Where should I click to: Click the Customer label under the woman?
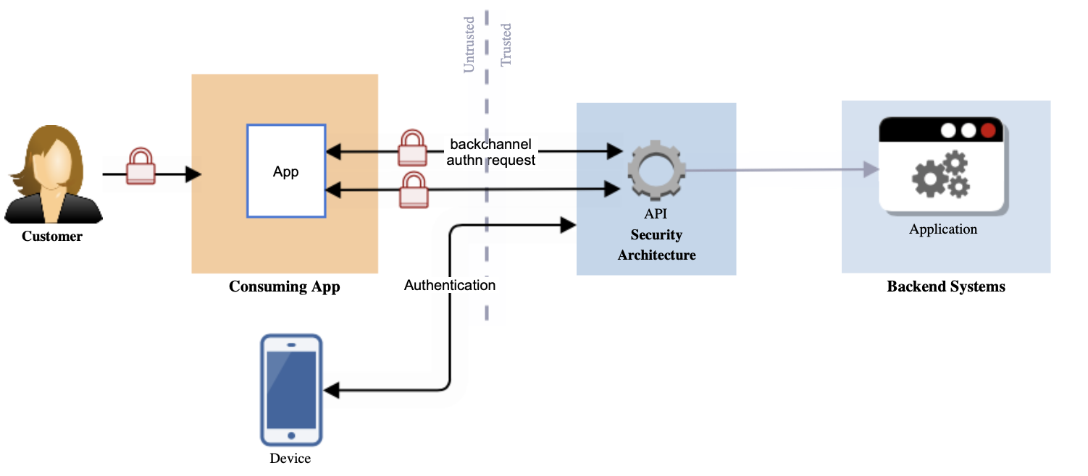click(52, 237)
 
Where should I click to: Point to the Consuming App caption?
click(284, 286)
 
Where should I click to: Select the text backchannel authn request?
click(491, 152)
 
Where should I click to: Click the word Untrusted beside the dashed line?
click(469, 44)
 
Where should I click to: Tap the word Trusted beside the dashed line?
click(506, 45)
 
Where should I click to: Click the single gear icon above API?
click(656, 171)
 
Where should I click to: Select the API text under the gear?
click(656, 214)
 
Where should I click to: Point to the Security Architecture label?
click(656, 245)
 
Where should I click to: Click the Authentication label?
click(449, 285)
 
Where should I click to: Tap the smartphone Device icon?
click(291, 390)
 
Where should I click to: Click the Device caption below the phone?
click(290, 459)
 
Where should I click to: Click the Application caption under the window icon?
click(943, 229)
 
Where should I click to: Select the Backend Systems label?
click(946, 286)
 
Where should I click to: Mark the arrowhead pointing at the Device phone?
click(331, 391)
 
